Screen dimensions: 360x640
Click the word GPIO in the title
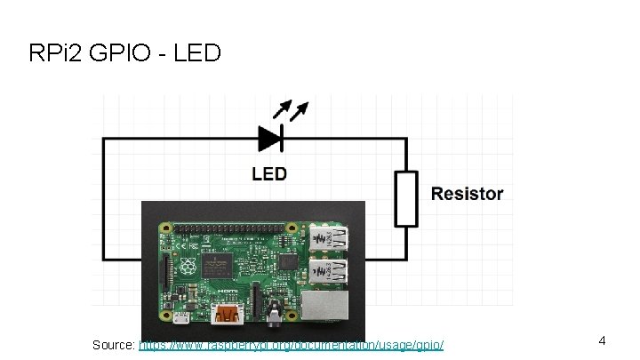(x=119, y=54)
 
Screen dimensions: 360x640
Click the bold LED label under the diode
(x=269, y=173)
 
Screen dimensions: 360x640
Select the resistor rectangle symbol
(x=406, y=198)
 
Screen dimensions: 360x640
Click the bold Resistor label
(x=467, y=194)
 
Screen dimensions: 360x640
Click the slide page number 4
(x=602, y=340)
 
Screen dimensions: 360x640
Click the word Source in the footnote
(x=113, y=343)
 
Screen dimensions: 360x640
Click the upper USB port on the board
(x=331, y=239)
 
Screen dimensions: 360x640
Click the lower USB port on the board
(x=331, y=270)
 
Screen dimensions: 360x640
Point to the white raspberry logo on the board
(x=189, y=268)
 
